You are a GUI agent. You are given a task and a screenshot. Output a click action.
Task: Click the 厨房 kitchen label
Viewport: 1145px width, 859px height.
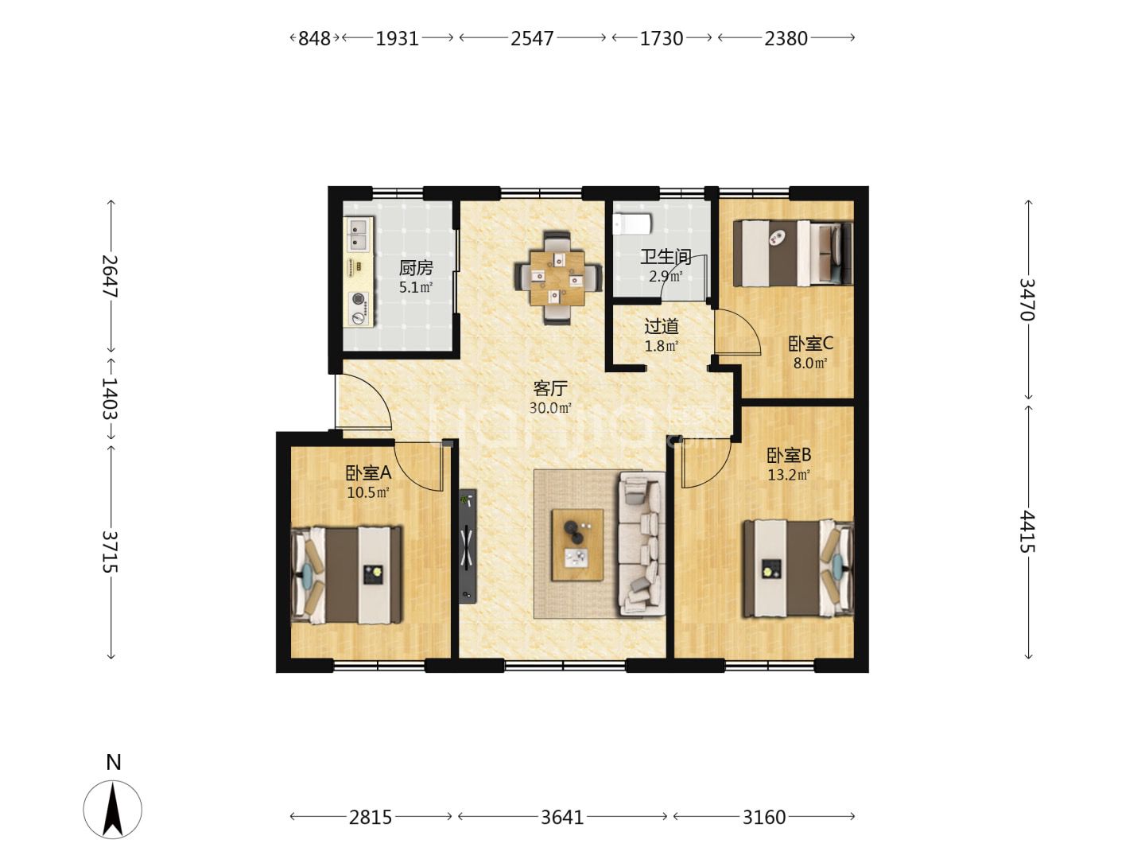pyautogui.click(x=416, y=268)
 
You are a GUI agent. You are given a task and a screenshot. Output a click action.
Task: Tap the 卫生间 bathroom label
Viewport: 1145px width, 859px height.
pyautogui.click(x=666, y=257)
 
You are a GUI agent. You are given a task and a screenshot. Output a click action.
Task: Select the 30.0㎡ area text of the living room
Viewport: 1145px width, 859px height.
pyautogui.click(x=550, y=408)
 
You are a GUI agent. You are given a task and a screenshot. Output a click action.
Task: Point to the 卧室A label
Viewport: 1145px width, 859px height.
pyautogui.click(x=368, y=473)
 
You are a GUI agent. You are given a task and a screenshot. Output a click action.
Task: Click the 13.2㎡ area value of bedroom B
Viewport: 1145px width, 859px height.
pyautogui.click(x=788, y=475)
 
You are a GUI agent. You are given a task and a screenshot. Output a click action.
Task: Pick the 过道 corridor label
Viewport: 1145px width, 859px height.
pyautogui.click(x=662, y=326)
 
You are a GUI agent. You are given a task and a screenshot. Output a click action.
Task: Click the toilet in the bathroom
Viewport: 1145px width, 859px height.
pyautogui.click(x=631, y=224)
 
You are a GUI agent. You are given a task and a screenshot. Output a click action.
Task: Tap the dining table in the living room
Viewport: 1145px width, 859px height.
pyautogui.click(x=557, y=278)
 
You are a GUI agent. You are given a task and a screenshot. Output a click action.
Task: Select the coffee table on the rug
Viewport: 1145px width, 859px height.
pyautogui.click(x=577, y=545)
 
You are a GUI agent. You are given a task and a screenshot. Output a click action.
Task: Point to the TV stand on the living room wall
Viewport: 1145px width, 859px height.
pyautogui.click(x=468, y=546)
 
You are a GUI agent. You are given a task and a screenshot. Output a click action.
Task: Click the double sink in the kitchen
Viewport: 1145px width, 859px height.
pyautogui.click(x=359, y=234)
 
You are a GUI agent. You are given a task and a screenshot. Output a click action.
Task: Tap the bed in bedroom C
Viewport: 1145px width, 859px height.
pyautogui.click(x=793, y=253)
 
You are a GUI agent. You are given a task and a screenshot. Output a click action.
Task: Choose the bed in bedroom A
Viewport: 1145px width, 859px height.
pyautogui.click(x=347, y=575)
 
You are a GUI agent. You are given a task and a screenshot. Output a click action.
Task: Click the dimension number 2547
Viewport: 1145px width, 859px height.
pyautogui.click(x=532, y=39)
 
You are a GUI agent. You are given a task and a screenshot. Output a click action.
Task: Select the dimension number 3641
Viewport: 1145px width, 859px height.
pyautogui.click(x=562, y=817)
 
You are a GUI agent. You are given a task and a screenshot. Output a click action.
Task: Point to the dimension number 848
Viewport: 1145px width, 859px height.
pyautogui.click(x=314, y=39)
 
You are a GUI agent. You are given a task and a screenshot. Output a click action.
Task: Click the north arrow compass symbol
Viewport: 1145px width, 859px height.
pyautogui.click(x=113, y=809)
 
